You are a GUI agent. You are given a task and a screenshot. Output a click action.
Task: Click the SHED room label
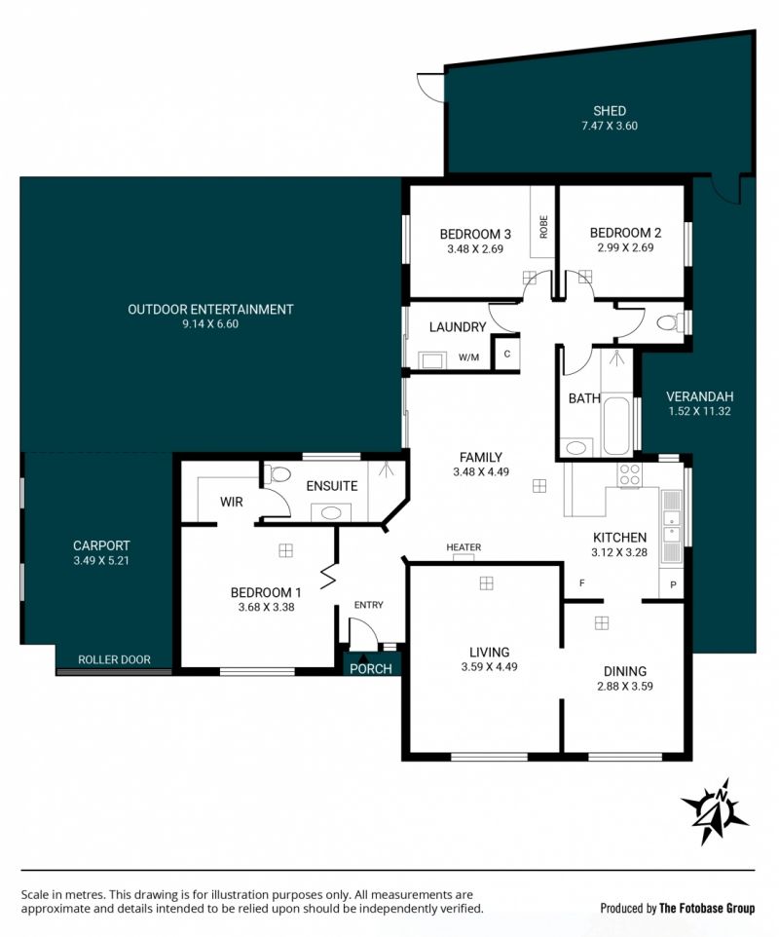pyautogui.click(x=610, y=111)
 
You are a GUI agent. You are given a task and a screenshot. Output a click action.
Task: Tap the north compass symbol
pyautogui.click(x=715, y=811)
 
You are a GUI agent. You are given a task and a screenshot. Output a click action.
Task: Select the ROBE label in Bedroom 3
pyautogui.click(x=543, y=227)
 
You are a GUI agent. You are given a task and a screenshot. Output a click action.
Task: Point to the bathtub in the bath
pyautogui.click(x=616, y=426)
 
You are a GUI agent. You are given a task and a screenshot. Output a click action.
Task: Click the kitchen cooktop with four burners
pyautogui.click(x=630, y=475)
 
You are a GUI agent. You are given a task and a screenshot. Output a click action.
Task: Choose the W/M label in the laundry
pyautogui.click(x=469, y=357)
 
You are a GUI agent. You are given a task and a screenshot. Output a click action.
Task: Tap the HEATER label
pyautogui.click(x=464, y=546)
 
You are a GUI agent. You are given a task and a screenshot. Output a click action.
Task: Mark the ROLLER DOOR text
pyautogui.click(x=114, y=659)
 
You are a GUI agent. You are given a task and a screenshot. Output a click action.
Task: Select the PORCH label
pyautogui.click(x=371, y=669)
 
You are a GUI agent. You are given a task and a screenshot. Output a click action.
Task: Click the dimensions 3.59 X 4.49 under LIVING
pyautogui.click(x=489, y=667)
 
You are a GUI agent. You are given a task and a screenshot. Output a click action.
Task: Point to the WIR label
pyautogui.click(x=231, y=502)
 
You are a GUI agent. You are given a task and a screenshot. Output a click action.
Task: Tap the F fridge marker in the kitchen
pyautogui.click(x=582, y=582)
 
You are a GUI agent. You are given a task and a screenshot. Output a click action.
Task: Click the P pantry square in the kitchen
pyautogui.click(x=672, y=583)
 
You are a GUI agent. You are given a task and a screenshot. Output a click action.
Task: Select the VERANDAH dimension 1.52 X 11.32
pyautogui.click(x=699, y=411)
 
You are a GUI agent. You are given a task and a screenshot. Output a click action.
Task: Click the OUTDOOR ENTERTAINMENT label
pyautogui.click(x=210, y=309)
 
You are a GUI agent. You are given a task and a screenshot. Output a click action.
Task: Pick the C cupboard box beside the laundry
pyautogui.click(x=506, y=354)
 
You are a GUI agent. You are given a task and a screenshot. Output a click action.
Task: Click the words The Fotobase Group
pyautogui.click(x=707, y=909)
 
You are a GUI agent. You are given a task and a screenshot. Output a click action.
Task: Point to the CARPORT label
pyautogui.click(x=101, y=545)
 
